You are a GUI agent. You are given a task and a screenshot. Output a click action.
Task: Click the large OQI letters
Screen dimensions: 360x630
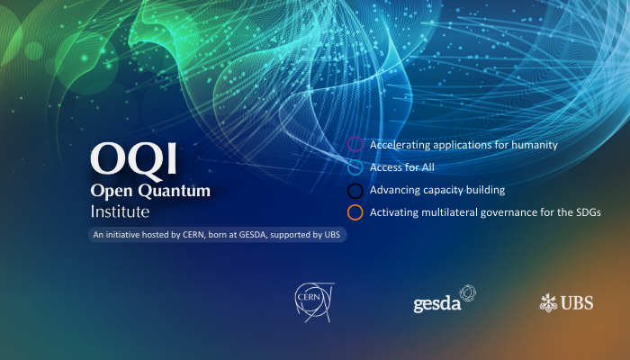pyautogui.click(x=133, y=159)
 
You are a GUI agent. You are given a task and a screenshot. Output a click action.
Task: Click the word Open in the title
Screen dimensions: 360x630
pyautogui.click(x=111, y=191)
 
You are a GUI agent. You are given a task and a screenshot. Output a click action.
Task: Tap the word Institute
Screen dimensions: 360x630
pyautogui.click(x=120, y=212)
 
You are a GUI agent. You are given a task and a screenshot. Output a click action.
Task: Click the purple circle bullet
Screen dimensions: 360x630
pyautogui.click(x=355, y=145)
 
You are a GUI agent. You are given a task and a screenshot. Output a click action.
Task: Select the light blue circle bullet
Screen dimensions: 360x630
pyautogui.click(x=355, y=167)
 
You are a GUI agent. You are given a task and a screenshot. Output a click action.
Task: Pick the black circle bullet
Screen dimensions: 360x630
pyautogui.click(x=355, y=190)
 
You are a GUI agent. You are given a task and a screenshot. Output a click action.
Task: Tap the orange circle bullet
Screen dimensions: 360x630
pyautogui.click(x=355, y=212)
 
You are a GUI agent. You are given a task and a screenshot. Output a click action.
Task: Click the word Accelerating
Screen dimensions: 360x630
pyautogui.click(x=400, y=145)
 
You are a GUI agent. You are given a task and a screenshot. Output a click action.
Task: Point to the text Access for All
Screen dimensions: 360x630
pyautogui.click(x=402, y=167)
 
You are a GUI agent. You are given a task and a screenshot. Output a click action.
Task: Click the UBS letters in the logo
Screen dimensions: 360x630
pyautogui.click(x=576, y=303)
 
